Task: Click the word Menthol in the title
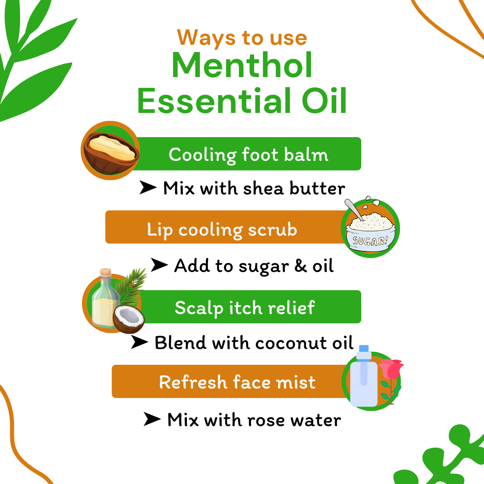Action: tap(242, 66)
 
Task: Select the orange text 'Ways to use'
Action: tap(242, 37)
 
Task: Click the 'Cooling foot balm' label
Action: tap(248, 155)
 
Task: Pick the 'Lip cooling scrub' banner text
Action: tap(222, 229)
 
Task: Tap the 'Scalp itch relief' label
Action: tap(245, 308)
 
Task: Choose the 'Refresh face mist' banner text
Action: tap(237, 382)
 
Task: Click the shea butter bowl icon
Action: tap(110, 150)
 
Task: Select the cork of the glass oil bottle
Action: tap(106, 272)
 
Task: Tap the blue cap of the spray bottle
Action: tap(363, 349)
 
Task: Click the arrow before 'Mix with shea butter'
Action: tap(148, 188)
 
